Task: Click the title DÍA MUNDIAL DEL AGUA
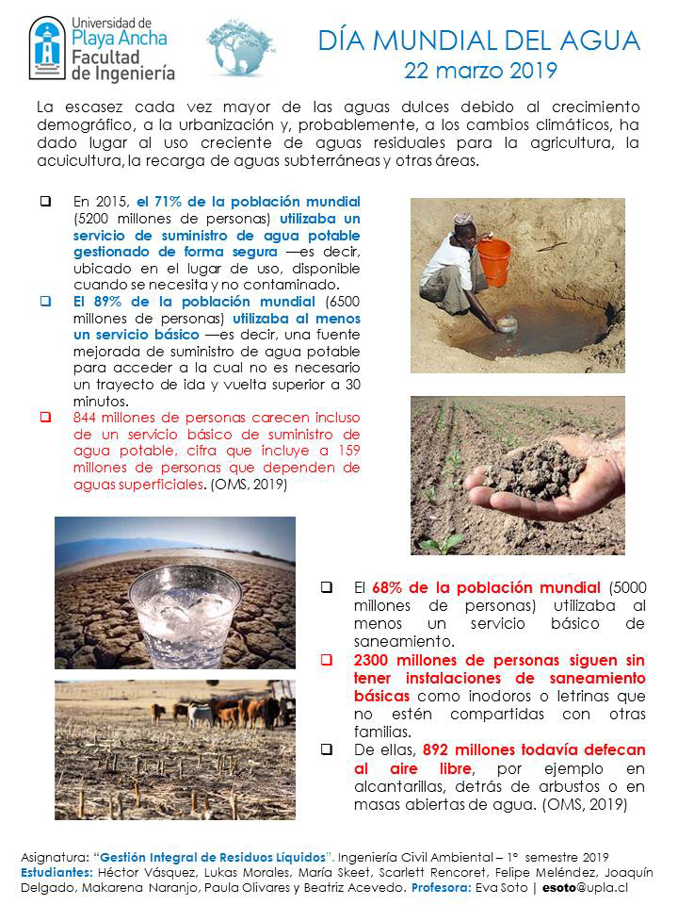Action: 478,41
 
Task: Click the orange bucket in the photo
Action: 493,261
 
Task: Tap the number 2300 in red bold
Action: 373,660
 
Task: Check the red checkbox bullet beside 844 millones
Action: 44,418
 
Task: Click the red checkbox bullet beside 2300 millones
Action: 327,660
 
